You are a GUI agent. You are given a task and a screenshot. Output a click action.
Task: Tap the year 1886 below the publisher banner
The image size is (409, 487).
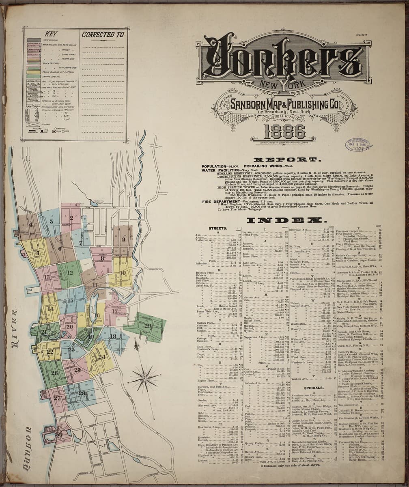[284, 131]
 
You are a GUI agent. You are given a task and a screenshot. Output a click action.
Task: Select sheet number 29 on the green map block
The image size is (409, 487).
[147, 326]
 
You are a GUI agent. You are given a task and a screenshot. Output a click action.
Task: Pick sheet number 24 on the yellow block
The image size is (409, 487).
[101, 357]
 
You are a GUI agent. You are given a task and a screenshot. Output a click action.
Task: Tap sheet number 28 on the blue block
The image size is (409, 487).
[82, 393]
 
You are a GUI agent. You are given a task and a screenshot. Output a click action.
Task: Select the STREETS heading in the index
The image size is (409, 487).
[217, 228]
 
